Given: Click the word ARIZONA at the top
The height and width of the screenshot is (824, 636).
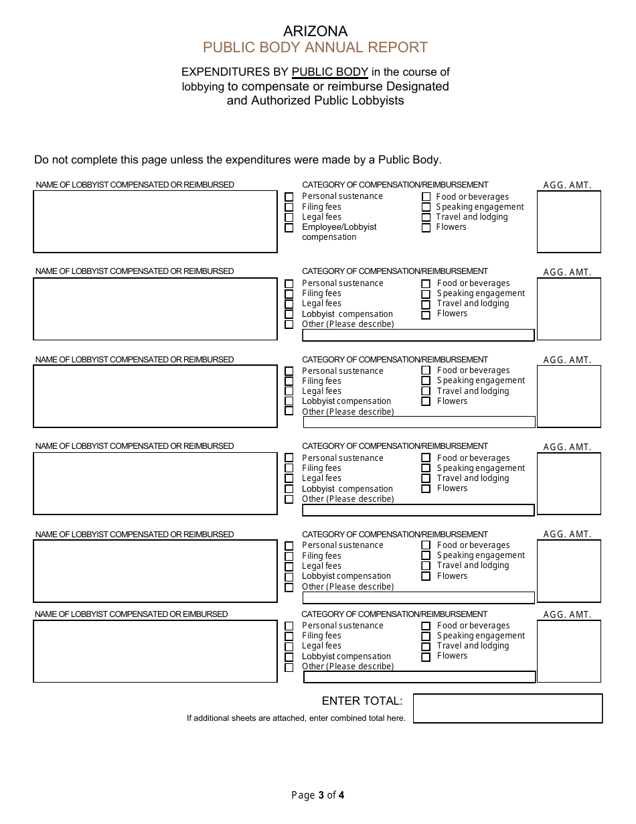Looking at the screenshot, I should pos(315,31).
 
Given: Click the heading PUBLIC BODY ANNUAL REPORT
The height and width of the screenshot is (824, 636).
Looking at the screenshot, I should pos(315,48).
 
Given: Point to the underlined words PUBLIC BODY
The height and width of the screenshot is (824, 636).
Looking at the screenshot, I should pos(330,72).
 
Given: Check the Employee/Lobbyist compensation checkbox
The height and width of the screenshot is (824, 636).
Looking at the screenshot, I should pos(289,228).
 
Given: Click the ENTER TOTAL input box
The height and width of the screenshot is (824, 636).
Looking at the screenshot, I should pos(507,708).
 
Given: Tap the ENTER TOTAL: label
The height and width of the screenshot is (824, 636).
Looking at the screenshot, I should pos(362,701).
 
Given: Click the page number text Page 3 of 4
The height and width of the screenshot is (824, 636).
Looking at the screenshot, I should pos(318,796).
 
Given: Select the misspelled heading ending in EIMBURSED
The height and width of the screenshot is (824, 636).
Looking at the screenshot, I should pos(131,614).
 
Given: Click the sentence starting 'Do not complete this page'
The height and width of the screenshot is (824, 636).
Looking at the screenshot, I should pos(238,160).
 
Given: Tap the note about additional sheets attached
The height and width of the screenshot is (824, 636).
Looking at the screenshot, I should pos(296,718).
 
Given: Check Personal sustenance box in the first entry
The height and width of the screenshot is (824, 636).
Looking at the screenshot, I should pos(289,197).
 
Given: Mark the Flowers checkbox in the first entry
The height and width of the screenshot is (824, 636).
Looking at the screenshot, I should pos(426,228).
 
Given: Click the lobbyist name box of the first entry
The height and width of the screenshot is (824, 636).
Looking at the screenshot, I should pos(155,222).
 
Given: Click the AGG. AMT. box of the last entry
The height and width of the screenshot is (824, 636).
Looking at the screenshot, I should pos(569,651).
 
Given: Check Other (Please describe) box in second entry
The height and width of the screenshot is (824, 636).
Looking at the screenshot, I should pos(289,324).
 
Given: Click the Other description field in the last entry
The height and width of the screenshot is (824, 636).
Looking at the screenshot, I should pos(419,677).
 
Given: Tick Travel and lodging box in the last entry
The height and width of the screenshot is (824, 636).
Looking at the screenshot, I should pos(426,647).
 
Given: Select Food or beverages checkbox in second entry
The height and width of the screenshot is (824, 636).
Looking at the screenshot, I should pos(426,284).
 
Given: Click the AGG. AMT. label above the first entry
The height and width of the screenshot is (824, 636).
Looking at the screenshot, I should pos(568,186).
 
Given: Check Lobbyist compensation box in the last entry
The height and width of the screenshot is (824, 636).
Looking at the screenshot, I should pos(289,657).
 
